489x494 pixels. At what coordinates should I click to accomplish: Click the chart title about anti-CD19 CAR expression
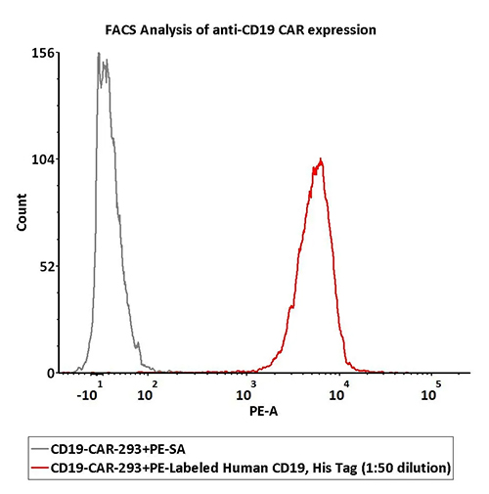pos(241,30)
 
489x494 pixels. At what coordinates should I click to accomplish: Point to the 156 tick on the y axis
pos(43,53)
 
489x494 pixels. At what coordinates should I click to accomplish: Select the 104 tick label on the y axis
pos(43,159)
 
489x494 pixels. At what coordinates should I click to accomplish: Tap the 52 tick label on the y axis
pos(48,267)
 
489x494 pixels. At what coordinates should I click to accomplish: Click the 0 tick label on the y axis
pos(51,373)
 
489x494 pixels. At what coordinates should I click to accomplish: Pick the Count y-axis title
pos(22,212)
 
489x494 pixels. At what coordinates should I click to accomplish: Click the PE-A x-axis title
pos(263,411)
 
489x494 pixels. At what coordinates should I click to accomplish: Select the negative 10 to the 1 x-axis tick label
pos(90,391)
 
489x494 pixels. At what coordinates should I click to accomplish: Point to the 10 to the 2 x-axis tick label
pos(148,391)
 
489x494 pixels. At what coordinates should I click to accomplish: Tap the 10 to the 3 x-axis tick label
pos(246,391)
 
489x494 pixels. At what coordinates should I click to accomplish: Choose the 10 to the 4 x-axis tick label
pos(339,391)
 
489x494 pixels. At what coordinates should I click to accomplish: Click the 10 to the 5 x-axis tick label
pos(431,391)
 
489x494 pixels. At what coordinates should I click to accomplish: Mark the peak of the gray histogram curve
pos(99,53)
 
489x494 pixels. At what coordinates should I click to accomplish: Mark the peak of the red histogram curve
pos(321,158)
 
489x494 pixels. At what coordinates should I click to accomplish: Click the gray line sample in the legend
pos(40,449)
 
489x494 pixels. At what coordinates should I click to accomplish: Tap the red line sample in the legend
pos(40,468)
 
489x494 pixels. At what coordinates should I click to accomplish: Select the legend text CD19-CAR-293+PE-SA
pos(118,449)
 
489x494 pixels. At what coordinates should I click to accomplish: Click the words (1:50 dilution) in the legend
pos(406,469)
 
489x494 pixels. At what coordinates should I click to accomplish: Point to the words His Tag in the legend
pos(334,469)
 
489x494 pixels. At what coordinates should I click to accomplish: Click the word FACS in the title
pos(120,30)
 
